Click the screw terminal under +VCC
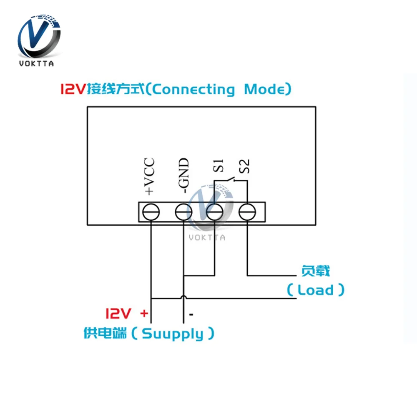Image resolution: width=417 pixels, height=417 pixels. click(x=151, y=212)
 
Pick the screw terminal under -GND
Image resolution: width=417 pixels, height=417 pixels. click(x=183, y=212)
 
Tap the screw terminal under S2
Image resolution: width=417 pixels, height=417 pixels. click(x=247, y=212)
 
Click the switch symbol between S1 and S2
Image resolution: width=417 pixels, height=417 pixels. click(x=231, y=180)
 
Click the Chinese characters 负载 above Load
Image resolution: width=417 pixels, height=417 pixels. click(x=316, y=271)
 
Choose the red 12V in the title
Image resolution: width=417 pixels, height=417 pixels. click(x=73, y=89)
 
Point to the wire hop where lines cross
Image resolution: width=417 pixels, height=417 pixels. click(x=183, y=297)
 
